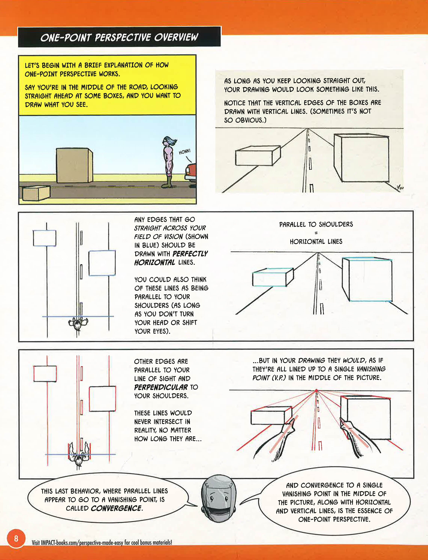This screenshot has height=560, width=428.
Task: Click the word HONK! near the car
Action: point(184,152)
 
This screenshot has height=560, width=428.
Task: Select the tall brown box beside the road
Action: point(74,165)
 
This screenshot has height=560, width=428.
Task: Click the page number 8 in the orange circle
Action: point(16,538)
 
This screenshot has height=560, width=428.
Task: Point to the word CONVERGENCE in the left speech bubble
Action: point(116,508)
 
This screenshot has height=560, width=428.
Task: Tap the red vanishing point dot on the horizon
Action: point(316,390)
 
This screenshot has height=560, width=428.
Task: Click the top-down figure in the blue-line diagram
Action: point(78,323)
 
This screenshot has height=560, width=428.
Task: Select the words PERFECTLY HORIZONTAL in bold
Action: point(171,258)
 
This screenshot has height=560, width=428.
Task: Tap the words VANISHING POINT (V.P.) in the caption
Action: point(318,373)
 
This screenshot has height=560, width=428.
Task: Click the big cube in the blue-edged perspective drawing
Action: point(369,280)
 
